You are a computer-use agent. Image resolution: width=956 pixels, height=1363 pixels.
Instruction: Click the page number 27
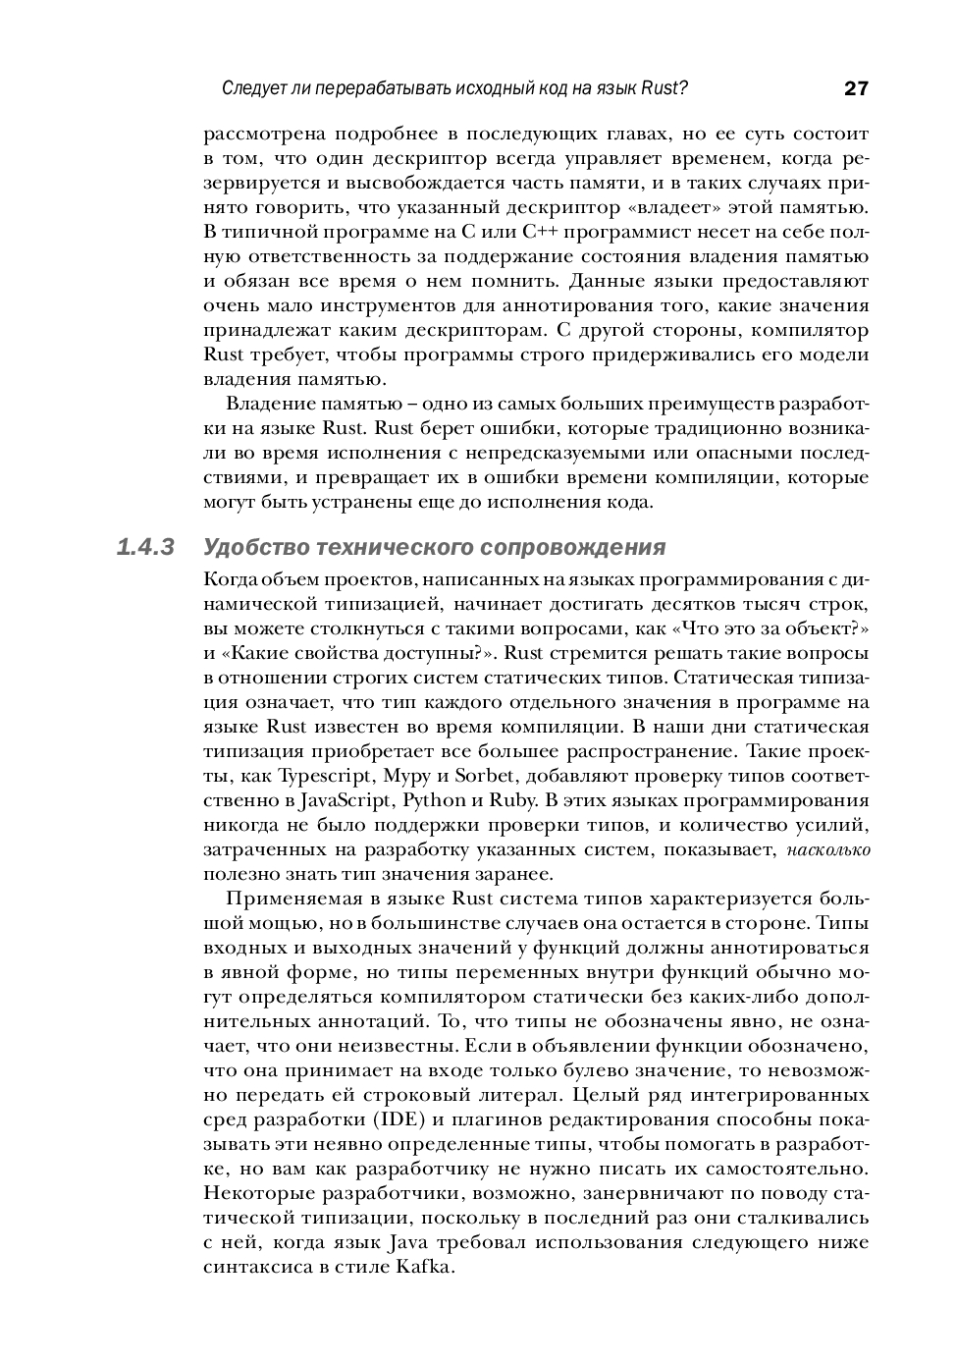856,88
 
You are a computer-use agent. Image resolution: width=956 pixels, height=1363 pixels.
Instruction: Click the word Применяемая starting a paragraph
291,899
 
